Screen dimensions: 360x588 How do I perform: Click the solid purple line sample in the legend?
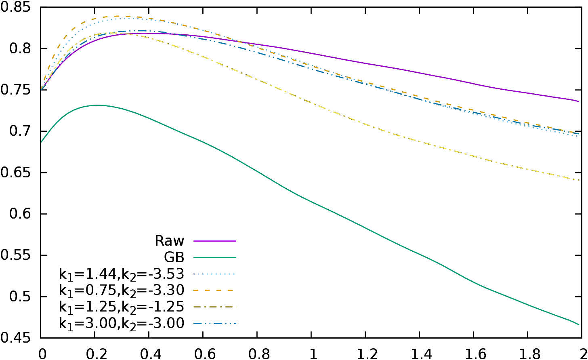click(214, 241)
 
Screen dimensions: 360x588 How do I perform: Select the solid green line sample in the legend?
click(214, 257)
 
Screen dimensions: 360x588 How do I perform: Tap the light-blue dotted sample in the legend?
click(214, 274)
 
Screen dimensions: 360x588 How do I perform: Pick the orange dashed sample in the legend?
click(214, 290)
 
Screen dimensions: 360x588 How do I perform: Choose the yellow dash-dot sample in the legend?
click(214, 307)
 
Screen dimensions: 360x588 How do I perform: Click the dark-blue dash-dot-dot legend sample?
click(214, 323)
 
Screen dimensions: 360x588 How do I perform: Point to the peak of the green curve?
click(98, 105)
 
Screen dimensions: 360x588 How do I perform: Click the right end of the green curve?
click(579, 324)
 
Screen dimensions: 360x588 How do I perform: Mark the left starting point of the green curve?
click(41, 142)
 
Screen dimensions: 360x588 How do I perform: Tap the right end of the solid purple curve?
click(579, 101)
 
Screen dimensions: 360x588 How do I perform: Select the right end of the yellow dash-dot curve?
click(579, 180)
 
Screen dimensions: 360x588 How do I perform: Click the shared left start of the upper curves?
click(42, 88)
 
